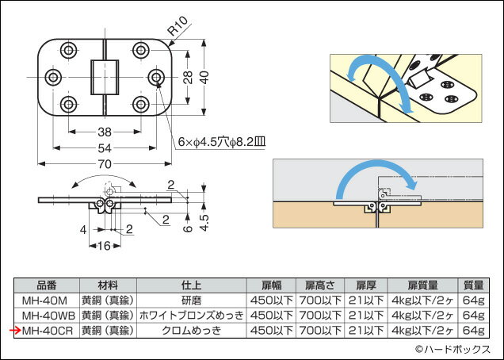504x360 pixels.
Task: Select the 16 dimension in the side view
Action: point(103,246)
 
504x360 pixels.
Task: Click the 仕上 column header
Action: point(193,285)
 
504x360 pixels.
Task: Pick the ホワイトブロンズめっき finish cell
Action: point(193,315)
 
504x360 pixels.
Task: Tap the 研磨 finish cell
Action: point(193,300)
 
